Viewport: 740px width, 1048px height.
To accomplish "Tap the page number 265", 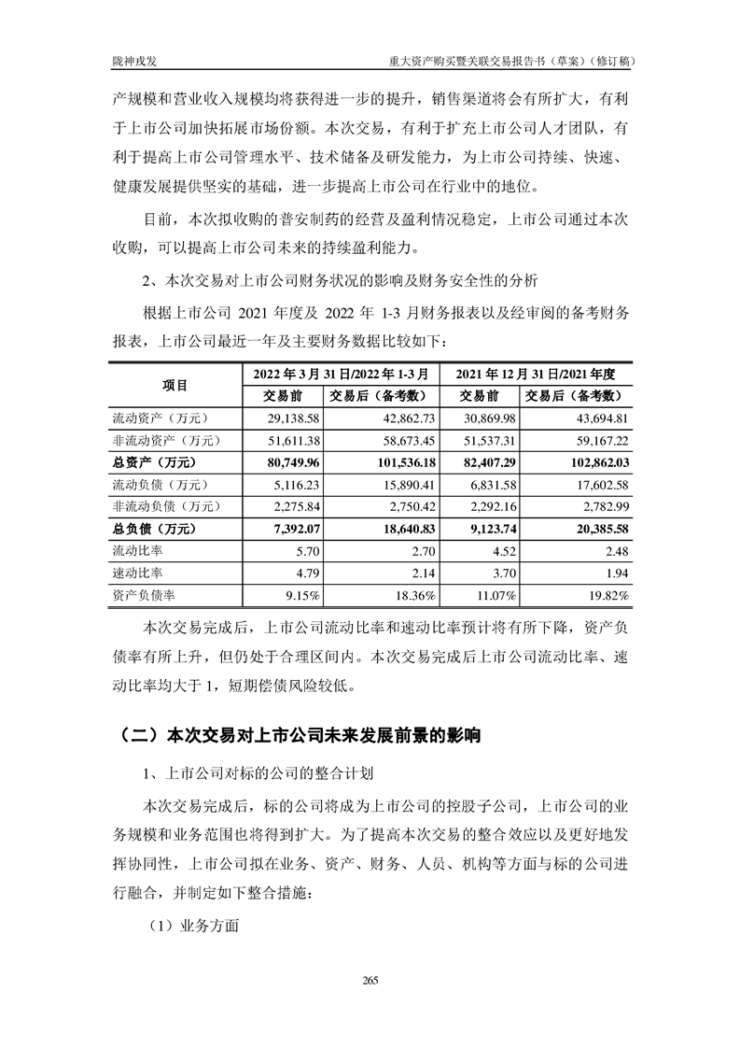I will point(370,979).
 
